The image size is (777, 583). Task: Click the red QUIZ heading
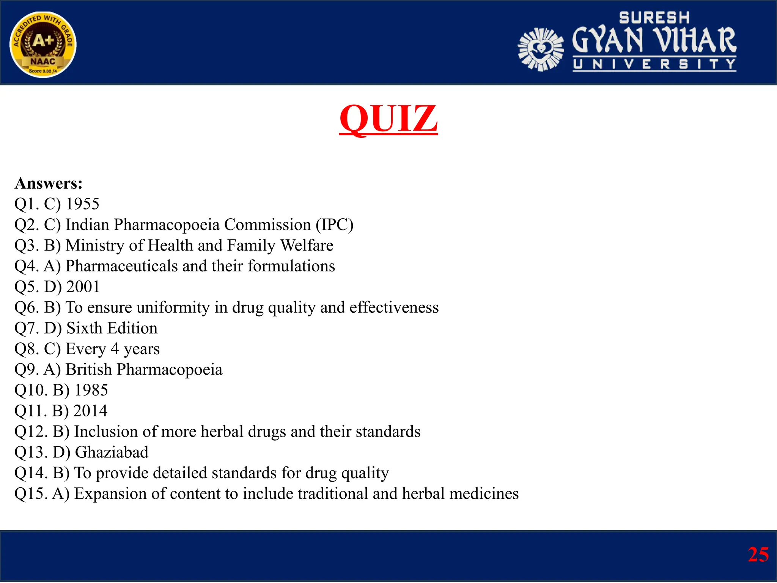(388, 118)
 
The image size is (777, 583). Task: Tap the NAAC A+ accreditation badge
(43, 44)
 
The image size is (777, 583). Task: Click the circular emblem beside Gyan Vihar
(541, 49)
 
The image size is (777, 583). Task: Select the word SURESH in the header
(654, 18)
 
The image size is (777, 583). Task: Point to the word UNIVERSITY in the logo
(654, 64)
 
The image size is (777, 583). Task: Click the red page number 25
(758, 555)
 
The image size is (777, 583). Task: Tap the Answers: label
(49, 183)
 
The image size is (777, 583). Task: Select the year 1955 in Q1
(83, 204)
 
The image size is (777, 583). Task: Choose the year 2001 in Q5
(83, 287)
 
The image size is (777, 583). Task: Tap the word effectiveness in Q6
(394, 307)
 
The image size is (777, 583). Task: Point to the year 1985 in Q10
(91, 390)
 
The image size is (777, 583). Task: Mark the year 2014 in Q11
(90, 411)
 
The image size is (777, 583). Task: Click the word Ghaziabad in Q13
(112, 452)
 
